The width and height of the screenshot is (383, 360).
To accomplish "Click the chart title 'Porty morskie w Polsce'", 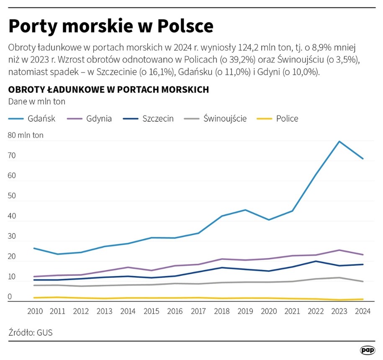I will point(111,26).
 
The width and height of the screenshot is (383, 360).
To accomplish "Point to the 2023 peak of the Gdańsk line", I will point(339,141).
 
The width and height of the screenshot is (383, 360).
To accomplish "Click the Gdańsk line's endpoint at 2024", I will point(363,159).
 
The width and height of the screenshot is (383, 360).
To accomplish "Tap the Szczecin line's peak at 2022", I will point(316,261).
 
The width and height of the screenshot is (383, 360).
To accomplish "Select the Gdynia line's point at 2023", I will point(339,250).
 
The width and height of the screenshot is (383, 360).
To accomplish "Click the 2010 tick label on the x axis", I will point(35,312).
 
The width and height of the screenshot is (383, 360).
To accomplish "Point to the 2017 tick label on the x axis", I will point(198,312).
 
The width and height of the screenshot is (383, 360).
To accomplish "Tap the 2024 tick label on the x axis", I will point(362,312).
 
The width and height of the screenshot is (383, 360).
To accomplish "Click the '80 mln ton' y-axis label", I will point(26,135).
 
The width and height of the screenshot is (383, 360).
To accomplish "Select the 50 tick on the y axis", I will point(12,196).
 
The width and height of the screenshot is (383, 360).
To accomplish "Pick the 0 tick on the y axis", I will point(10,297).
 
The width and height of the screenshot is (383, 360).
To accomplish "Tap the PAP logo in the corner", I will point(367,350).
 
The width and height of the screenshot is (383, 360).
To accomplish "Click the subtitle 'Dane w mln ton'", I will point(37,101).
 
